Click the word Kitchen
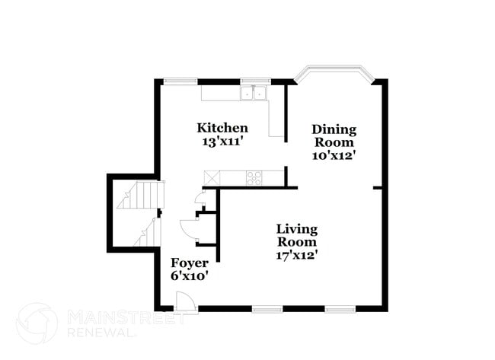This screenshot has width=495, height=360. click(x=222, y=127)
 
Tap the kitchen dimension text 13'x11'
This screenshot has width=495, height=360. click(x=222, y=141)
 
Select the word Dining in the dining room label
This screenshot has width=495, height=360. click(x=334, y=129)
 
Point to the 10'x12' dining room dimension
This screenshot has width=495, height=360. click(x=334, y=155)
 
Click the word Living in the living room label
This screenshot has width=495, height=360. click(x=297, y=228)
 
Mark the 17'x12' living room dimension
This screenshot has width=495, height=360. click(x=297, y=255)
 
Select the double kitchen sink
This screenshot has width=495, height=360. click(x=253, y=94)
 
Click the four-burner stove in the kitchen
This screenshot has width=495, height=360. click(x=254, y=178)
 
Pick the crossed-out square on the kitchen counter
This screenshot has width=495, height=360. click(x=211, y=177)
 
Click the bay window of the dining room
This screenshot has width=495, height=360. click(x=334, y=73)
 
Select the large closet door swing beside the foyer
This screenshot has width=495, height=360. click(x=188, y=230)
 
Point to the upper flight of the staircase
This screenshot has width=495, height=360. click(x=139, y=195)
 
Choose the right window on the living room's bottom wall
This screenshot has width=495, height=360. click(x=340, y=309)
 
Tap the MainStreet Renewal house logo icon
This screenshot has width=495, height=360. click(x=36, y=323)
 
